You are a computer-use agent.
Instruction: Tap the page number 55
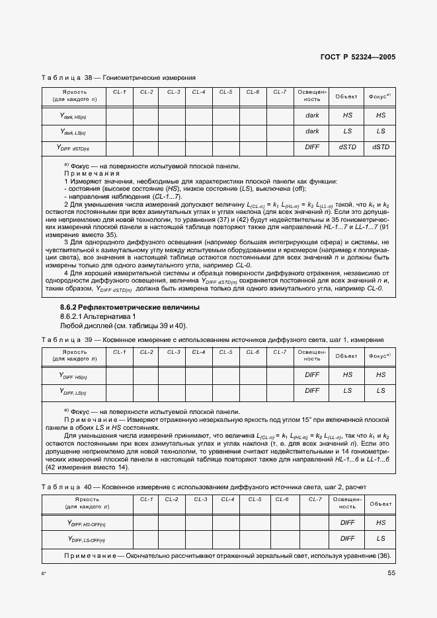[x=391, y=572]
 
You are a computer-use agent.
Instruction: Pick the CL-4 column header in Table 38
[x=199, y=92]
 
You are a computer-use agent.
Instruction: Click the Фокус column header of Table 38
[x=380, y=96]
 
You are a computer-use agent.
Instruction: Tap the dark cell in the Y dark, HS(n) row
[x=312, y=115]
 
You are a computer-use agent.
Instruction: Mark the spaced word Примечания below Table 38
[x=87, y=173]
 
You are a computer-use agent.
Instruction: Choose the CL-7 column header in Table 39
[x=280, y=352]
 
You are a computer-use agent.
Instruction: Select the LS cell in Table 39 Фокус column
[x=381, y=391]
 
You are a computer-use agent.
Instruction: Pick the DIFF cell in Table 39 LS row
[x=312, y=391]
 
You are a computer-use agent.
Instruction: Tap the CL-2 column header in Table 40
[x=171, y=500]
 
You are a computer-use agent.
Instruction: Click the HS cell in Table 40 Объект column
[x=381, y=522]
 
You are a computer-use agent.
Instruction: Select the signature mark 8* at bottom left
[x=43, y=574]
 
